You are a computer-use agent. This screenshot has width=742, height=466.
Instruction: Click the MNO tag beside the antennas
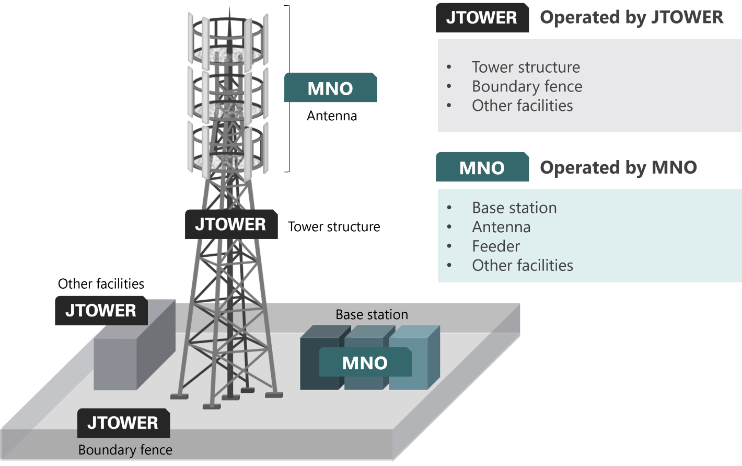330,88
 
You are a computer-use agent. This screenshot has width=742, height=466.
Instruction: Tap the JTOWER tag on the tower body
230,224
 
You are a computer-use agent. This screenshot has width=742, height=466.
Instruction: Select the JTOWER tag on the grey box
101,311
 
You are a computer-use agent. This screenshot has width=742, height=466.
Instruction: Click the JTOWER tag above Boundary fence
123,423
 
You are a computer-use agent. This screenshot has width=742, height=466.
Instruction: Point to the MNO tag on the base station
365,362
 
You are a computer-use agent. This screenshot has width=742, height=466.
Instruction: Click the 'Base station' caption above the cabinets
372,314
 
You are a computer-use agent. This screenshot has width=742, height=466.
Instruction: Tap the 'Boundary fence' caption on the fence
125,450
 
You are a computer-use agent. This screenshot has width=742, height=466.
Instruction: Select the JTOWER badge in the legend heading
482,17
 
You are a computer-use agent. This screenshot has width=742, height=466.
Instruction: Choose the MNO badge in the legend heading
482,167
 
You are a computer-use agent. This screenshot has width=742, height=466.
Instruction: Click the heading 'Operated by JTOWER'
631,17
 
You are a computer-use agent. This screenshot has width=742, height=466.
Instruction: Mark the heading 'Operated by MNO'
618,167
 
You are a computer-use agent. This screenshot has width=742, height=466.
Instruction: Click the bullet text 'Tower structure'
526,67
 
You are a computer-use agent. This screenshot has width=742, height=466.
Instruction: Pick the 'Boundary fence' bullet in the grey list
527,86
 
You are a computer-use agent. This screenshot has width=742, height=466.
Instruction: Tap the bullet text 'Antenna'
501,227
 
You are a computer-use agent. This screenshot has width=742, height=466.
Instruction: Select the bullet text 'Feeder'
496,246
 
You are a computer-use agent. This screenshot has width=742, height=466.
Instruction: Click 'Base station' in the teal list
514,208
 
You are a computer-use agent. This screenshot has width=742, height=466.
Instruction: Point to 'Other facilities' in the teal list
523,265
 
